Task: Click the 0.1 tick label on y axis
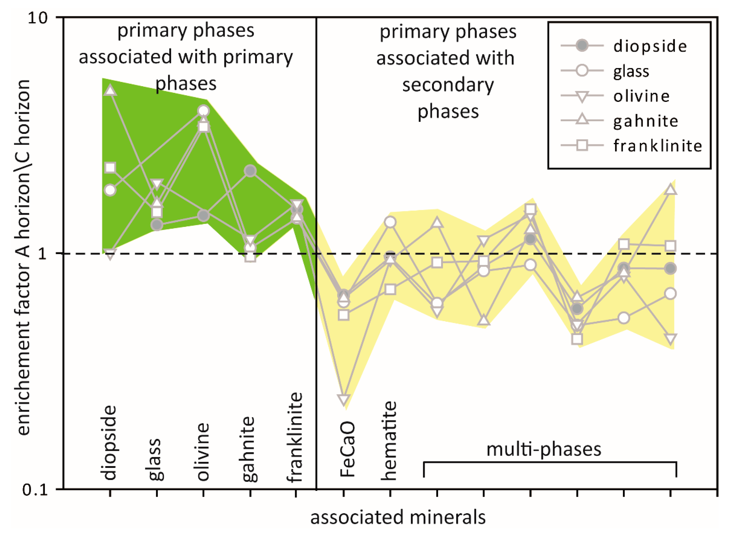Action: tap(35, 489)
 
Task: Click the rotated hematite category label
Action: tap(389, 441)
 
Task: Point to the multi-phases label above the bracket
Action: tap(544, 449)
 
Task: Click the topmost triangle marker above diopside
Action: tap(110, 91)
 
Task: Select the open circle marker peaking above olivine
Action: tap(203, 111)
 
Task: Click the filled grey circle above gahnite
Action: tap(250, 171)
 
